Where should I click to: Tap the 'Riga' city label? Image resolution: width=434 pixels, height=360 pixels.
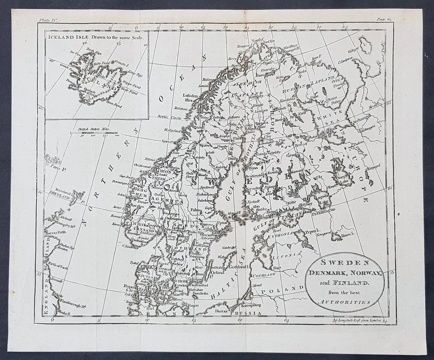(277, 267)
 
